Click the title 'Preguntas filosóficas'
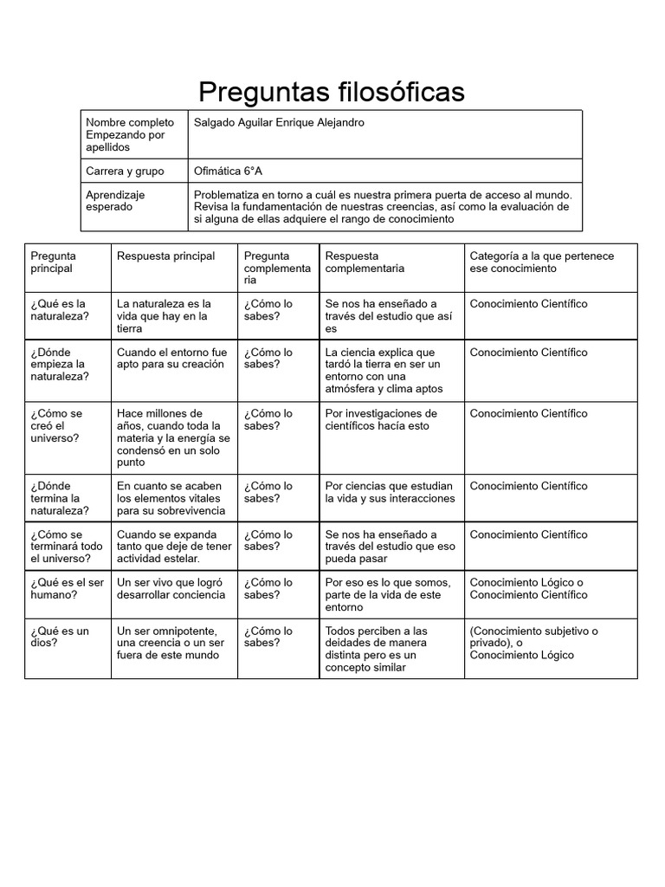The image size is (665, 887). (332, 91)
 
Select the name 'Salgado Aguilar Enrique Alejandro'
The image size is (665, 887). (279, 123)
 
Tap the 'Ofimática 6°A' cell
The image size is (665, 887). (228, 172)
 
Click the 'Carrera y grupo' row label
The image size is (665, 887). (125, 172)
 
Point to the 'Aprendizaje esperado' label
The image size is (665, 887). (115, 201)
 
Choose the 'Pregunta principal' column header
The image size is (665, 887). (54, 262)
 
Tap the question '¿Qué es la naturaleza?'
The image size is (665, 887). (58, 310)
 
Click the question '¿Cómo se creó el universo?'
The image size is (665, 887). (56, 426)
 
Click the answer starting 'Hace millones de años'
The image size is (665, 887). (173, 438)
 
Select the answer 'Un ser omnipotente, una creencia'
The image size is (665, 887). (171, 643)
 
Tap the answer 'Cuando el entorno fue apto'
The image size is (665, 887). (171, 359)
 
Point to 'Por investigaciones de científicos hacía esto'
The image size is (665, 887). (381, 420)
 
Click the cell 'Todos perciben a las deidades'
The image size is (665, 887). (376, 649)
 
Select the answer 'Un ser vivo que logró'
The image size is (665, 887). (171, 588)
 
